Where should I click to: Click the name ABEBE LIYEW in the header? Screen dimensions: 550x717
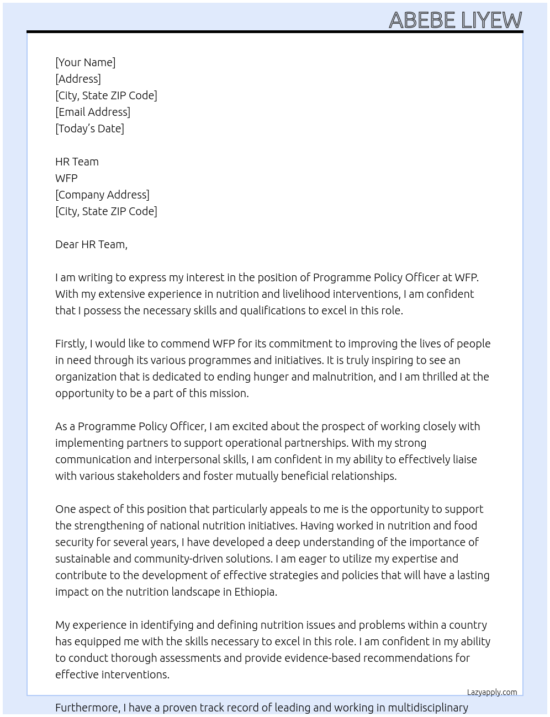455,20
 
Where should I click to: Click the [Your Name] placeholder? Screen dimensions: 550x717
85,62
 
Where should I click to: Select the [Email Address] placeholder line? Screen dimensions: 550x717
92,112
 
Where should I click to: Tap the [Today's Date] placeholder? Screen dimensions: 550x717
89,129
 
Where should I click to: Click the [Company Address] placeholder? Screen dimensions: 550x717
102,195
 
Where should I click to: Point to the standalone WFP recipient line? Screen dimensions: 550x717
66,178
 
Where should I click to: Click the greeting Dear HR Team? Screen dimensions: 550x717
91,244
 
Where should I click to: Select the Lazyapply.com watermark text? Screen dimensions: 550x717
491,692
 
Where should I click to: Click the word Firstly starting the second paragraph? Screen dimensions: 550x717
71,344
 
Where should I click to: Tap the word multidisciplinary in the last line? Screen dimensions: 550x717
427,708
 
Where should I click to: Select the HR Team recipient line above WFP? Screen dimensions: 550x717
77,162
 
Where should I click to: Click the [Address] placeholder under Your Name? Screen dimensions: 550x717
78,79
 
